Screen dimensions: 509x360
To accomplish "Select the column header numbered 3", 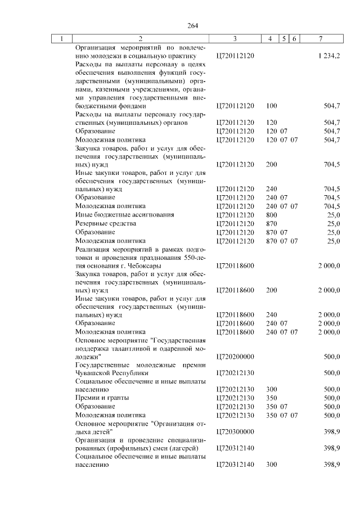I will pyautogui.click(x=235, y=39).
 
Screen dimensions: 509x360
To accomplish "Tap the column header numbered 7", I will pyautogui.click(x=320, y=39).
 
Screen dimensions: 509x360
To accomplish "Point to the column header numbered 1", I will pyautogui.click(x=62, y=39).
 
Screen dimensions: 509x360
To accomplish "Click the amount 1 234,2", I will pyautogui.click(x=328, y=56).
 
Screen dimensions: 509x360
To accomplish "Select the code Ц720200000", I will pyautogui.click(x=235, y=357).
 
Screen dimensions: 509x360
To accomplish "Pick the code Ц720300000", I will pyautogui.click(x=235, y=431).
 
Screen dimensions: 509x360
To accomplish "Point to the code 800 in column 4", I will pyautogui.click(x=271, y=215).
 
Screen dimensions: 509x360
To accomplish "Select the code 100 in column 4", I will pyautogui.click(x=271, y=105).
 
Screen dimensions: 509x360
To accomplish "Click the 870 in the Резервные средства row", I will pyautogui.click(x=271, y=223).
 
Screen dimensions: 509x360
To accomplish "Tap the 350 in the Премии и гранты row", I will pyautogui.click(x=271, y=398).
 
